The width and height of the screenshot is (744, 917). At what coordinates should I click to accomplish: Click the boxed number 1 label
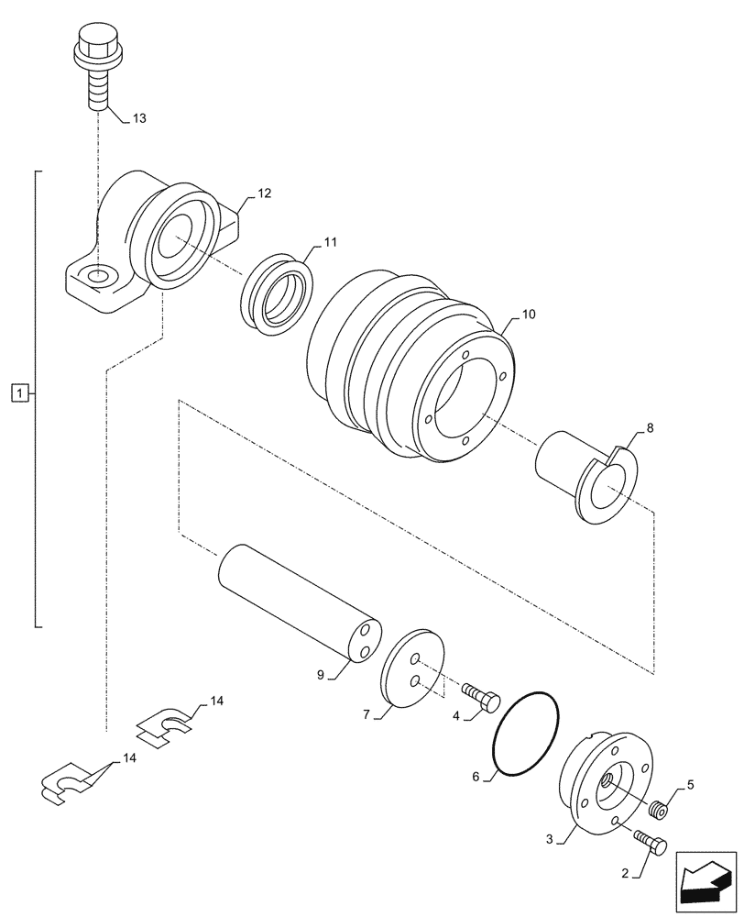coord(18,394)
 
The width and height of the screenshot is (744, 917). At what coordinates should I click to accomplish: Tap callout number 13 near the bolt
coord(138,118)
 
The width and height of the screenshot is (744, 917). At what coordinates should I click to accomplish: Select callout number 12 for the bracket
coord(265,193)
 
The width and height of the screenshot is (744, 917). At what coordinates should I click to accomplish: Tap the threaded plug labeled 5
coord(657,810)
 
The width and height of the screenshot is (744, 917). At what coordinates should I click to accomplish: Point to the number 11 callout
coord(330,242)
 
